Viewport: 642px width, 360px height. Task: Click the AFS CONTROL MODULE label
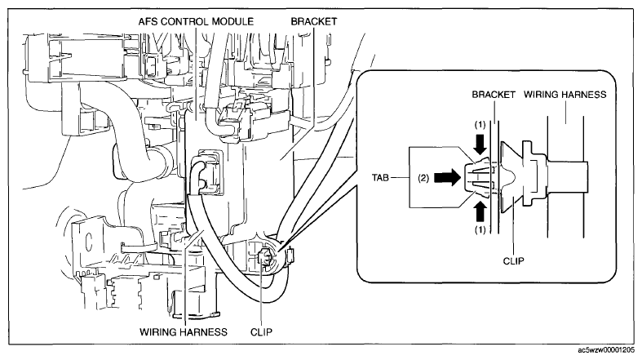[x=196, y=21]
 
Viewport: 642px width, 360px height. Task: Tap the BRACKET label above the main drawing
[x=314, y=21]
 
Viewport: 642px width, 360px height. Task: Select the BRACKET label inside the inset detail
[x=494, y=95]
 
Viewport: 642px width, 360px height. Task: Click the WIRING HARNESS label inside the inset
[x=565, y=95]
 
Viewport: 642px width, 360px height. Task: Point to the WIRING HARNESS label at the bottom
[x=184, y=331]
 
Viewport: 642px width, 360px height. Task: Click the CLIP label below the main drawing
[x=261, y=331]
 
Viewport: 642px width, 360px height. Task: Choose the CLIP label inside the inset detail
[x=513, y=261]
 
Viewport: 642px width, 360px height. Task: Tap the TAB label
[x=380, y=178]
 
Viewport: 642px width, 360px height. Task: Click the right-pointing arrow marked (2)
[x=447, y=178]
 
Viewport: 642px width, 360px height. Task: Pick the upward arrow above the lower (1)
[x=480, y=212]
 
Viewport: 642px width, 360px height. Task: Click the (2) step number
[x=423, y=178]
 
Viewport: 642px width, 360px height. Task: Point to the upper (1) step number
[x=480, y=125]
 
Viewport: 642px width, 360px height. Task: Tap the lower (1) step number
[x=480, y=230]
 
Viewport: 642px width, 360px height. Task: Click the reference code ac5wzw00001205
[x=606, y=350]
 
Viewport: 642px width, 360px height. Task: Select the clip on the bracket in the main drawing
[x=265, y=259]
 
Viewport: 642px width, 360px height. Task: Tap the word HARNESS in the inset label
[x=586, y=95]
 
